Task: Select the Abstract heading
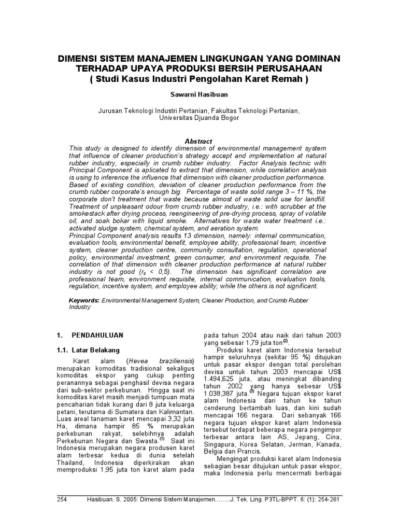[198, 142]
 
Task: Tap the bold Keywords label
[84, 300]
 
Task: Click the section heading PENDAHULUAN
[97, 336]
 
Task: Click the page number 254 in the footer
[62, 499]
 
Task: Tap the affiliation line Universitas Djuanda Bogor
[198, 118]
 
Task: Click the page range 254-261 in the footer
[329, 499]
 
